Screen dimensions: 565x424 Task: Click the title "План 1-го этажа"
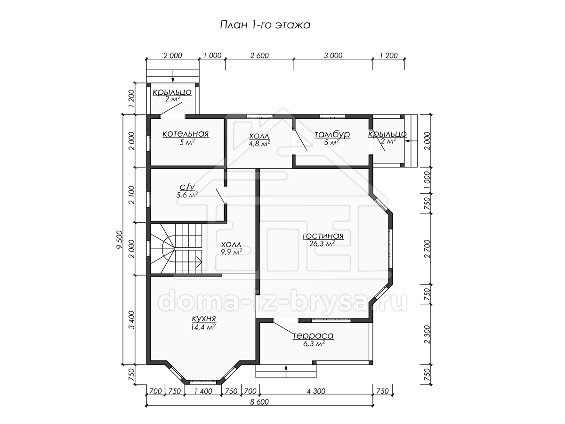click(x=265, y=25)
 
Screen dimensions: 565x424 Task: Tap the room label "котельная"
click(x=186, y=134)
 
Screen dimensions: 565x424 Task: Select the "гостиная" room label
click(x=323, y=236)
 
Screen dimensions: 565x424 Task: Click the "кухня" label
click(x=204, y=319)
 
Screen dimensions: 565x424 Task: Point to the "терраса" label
click(x=313, y=336)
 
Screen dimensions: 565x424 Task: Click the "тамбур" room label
click(x=332, y=134)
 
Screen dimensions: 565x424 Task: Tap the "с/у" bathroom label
click(x=187, y=187)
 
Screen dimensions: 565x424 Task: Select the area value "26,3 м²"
click(x=322, y=244)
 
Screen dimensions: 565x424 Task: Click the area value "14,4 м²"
click(x=203, y=327)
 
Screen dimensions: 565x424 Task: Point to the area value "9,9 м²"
click(x=231, y=252)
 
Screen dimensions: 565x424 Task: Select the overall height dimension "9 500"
click(x=120, y=240)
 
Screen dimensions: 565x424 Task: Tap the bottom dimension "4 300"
click(x=316, y=391)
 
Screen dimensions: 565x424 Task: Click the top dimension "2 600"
click(x=259, y=56)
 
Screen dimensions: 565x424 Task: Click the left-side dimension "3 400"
click(x=131, y=320)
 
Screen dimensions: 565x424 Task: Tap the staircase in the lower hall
click(x=176, y=249)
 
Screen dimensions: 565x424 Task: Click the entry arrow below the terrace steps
click(x=286, y=372)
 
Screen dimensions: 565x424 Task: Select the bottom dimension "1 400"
click(x=203, y=391)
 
